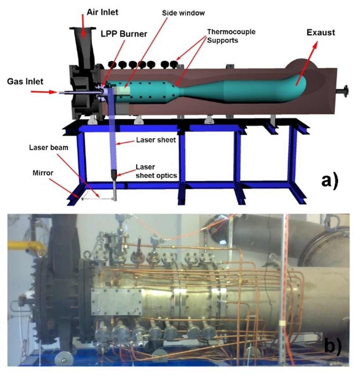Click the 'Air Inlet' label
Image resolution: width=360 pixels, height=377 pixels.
[x=97, y=12]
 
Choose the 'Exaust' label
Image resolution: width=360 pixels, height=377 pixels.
[x=321, y=33]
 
